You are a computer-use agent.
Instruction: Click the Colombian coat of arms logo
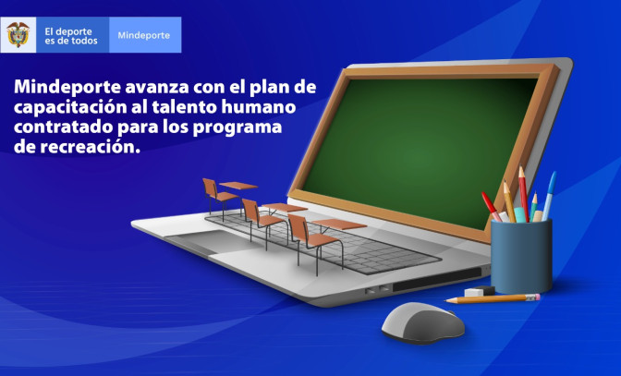pos(18,35)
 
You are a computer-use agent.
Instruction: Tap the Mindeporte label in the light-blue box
pos(144,35)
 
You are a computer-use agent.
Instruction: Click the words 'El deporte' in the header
pos(67,30)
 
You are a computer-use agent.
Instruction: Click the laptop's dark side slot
pos(452,278)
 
